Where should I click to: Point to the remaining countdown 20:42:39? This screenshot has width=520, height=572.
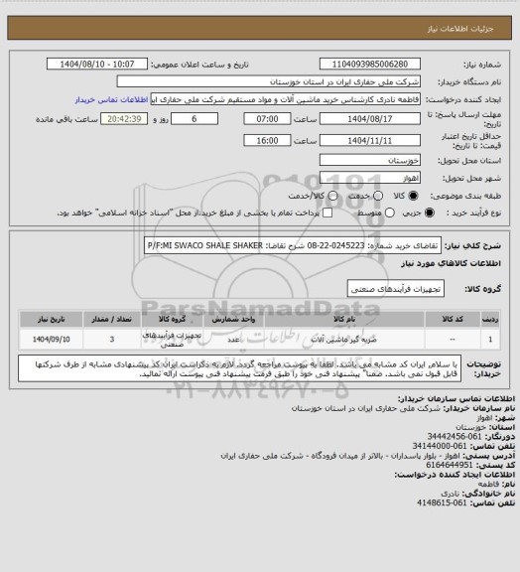click(x=119, y=117)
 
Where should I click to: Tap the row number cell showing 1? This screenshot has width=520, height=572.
click(x=492, y=339)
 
